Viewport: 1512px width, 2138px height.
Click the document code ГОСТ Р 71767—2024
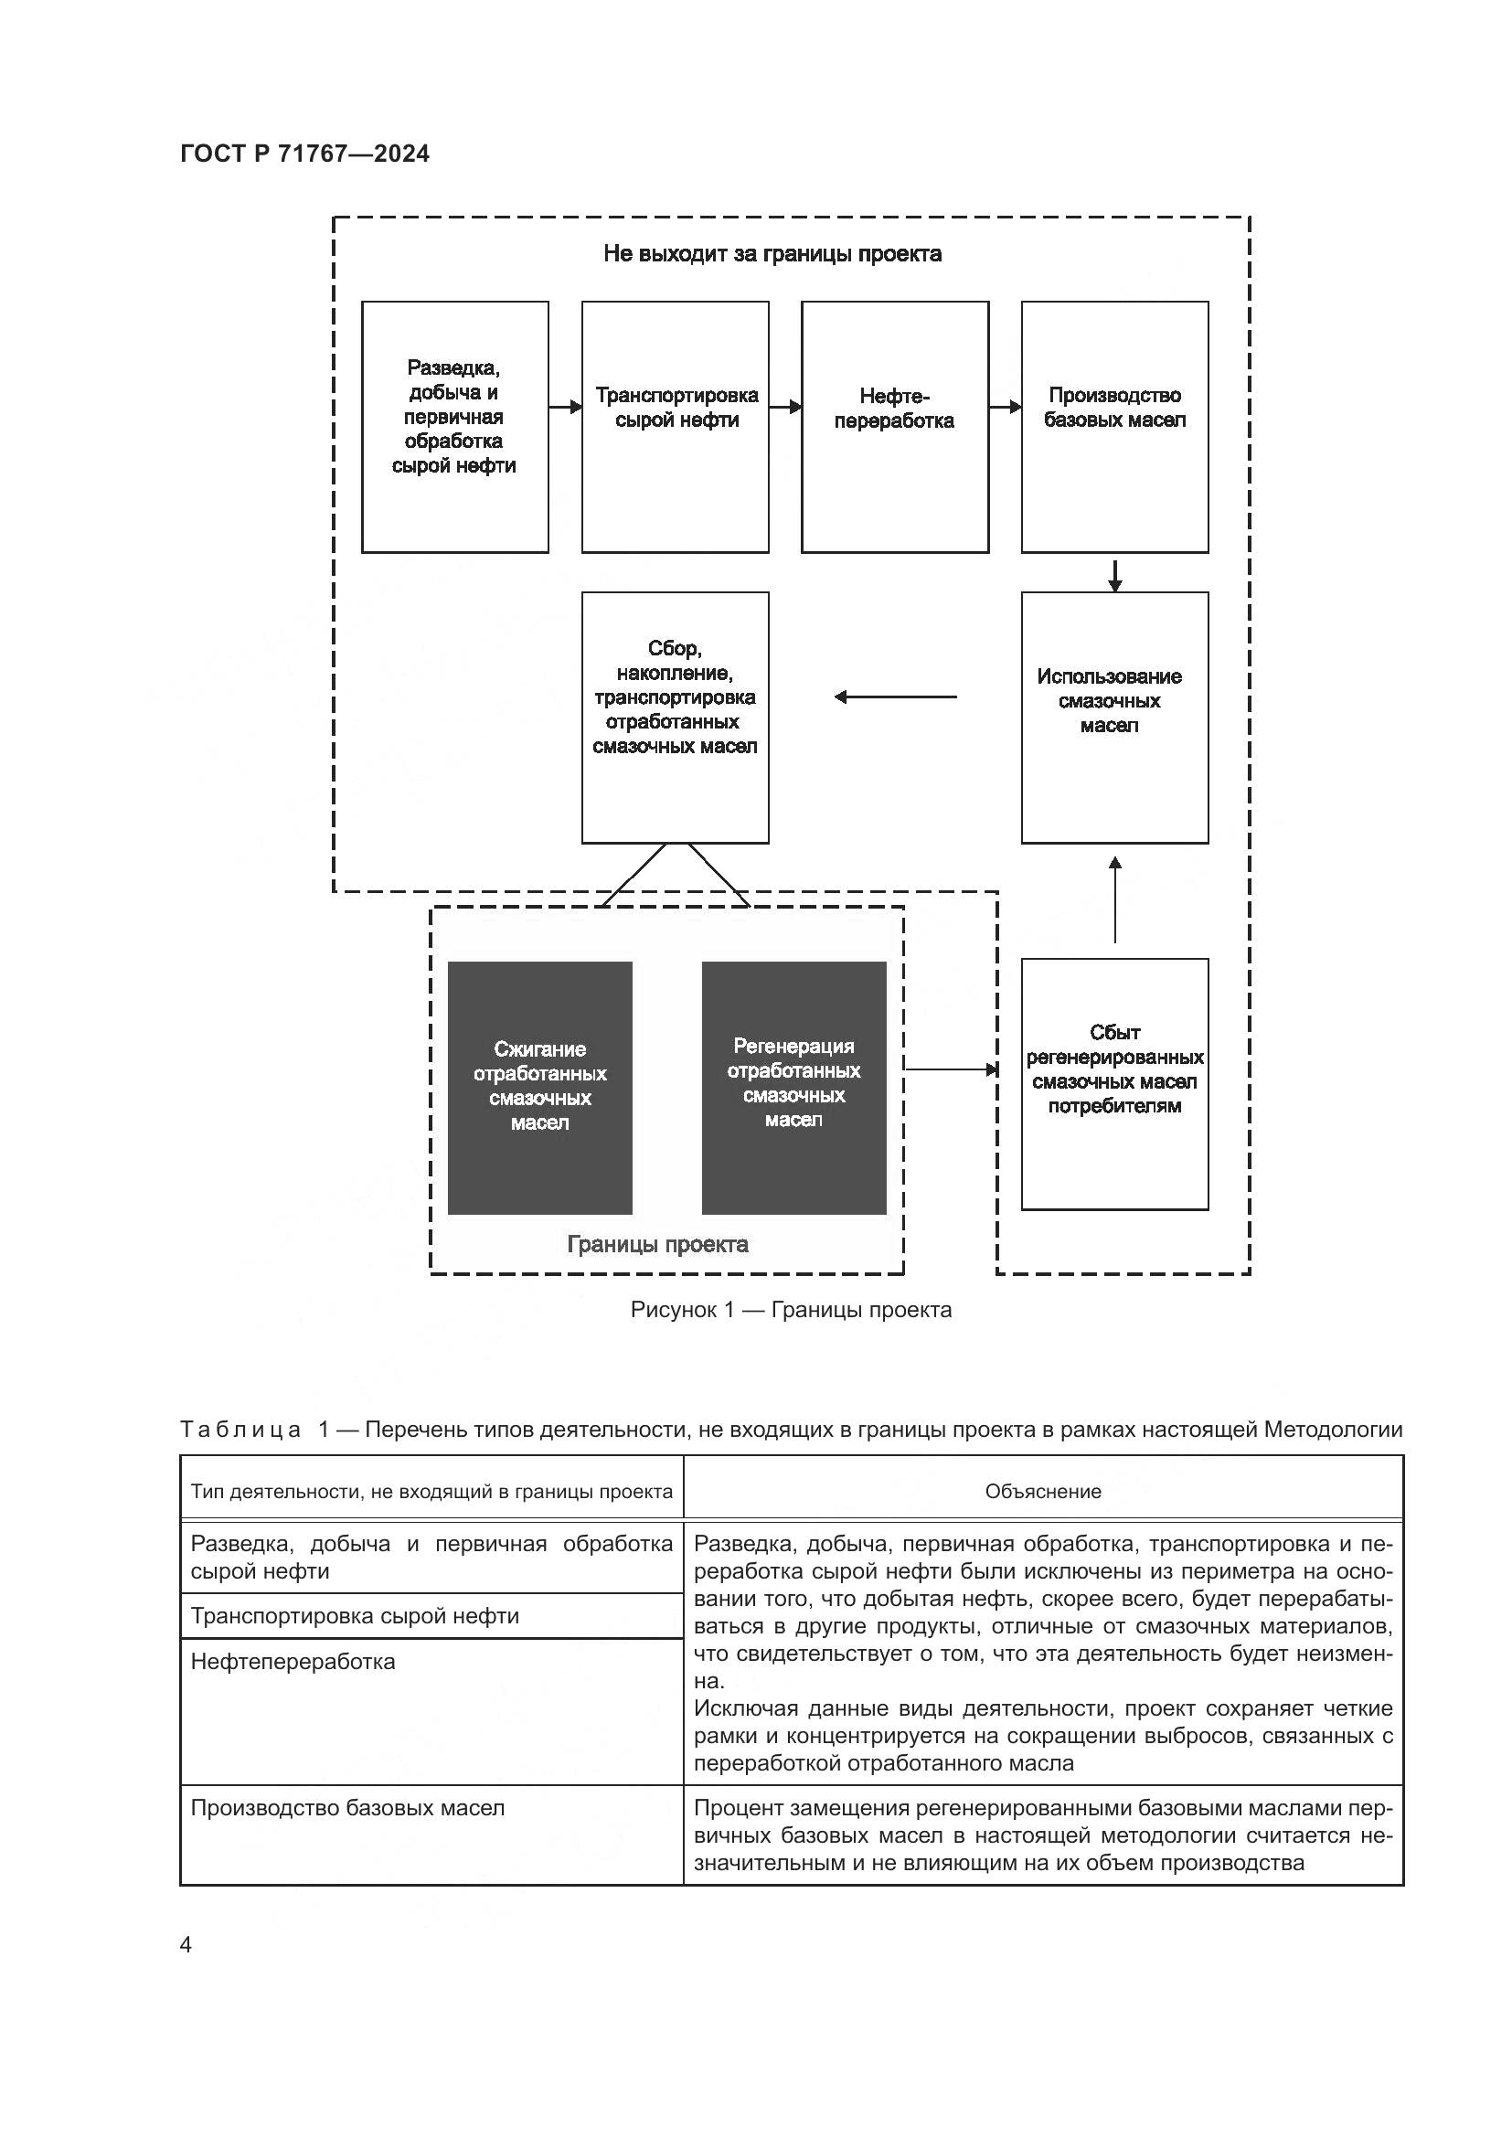point(304,154)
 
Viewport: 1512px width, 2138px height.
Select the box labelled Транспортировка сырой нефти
point(675,427)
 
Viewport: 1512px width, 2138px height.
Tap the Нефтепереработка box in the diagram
point(894,427)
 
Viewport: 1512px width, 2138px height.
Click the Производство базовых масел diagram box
point(1114,427)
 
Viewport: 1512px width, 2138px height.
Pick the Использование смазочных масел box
point(1114,717)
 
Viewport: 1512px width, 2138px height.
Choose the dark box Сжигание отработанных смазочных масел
point(540,1088)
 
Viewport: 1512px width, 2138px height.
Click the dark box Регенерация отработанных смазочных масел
point(793,1088)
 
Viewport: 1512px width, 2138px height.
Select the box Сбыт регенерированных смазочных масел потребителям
point(1114,1084)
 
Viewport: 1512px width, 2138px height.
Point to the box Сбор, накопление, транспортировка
point(675,717)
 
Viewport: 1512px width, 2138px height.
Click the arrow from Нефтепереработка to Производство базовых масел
point(1006,407)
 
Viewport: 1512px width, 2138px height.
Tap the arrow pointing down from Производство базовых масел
point(1114,574)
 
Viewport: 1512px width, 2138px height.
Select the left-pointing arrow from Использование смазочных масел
point(894,697)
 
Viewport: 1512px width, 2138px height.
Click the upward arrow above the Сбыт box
point(1114,899)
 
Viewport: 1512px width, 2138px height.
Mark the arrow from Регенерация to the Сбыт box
point(950,1070)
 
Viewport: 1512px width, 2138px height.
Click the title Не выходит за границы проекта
point(772,254)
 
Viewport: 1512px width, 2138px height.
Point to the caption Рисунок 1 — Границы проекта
point(791,1309)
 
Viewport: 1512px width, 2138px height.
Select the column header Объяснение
point(1043,1491)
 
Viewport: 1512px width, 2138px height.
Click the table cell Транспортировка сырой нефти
point(355,1615)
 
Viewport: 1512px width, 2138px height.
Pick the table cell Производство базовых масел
point(347,1807)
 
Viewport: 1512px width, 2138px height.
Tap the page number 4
point(186,1944)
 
